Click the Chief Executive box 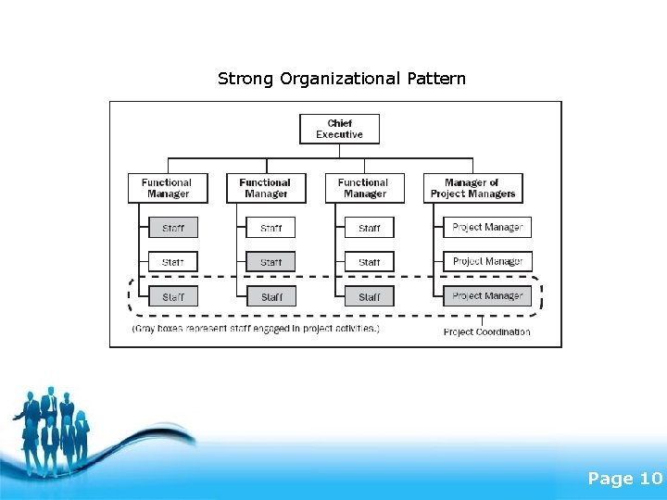[339, 129]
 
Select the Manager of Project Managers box [472, 188]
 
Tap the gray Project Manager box [487, 296]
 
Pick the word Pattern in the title [436, 79]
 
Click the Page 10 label [625, 479]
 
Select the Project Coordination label [487, 331]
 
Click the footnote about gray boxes [256, 328]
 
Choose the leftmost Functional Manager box [168, 188]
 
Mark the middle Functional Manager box [266, 188]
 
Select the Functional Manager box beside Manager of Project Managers [364, 188]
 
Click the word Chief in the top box [339, 123]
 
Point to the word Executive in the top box [339, 135]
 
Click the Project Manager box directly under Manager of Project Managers [487, 227]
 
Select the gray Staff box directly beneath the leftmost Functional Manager [173, 228]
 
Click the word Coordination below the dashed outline [505, 331]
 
